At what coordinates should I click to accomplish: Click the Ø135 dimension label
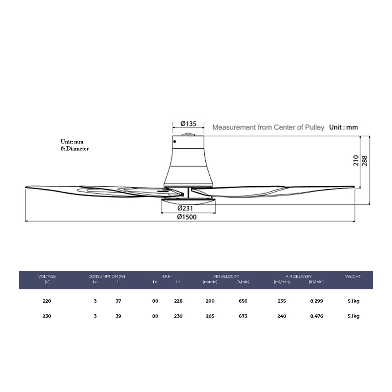188,124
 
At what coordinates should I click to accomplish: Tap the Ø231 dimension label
185,208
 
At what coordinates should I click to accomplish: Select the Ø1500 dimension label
187,217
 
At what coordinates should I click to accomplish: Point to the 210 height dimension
356,160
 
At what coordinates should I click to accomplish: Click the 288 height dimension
365,161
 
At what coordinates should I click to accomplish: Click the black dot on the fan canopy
174,142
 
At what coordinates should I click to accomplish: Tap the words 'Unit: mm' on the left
72,142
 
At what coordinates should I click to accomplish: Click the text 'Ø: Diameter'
74,149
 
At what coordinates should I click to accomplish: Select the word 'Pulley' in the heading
314,127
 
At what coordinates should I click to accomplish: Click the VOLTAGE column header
47,276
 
